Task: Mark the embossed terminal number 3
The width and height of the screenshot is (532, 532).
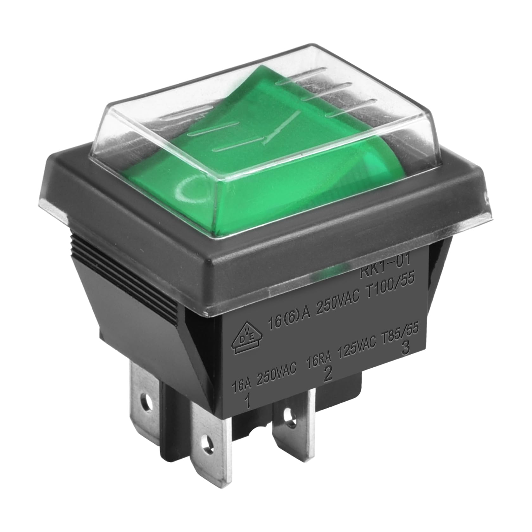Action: (x=405, y=349)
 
